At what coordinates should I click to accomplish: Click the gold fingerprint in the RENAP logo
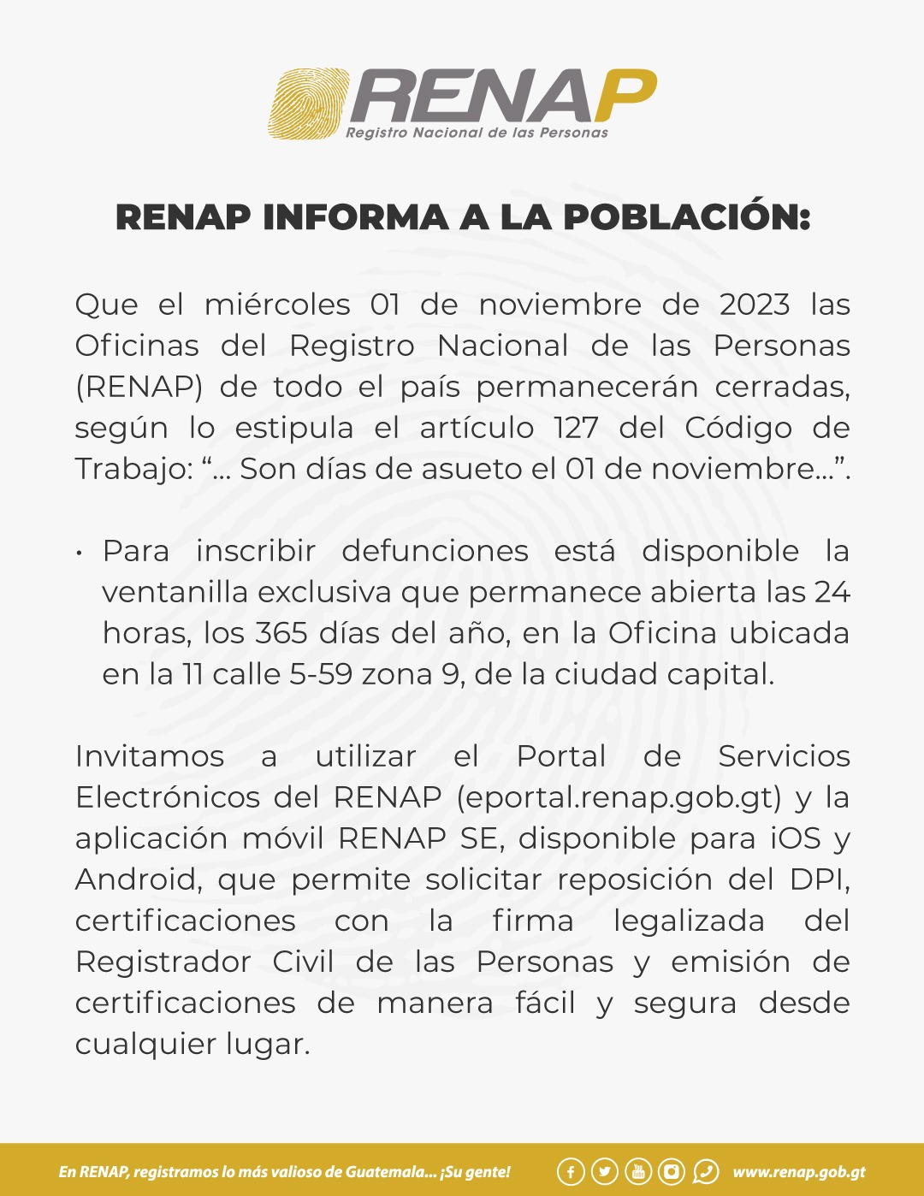[x=309, y=104]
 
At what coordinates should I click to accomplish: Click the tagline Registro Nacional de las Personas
[x=477, y=133]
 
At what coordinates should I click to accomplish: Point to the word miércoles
[x=277, y=305]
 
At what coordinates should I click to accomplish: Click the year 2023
[x=754, y=305]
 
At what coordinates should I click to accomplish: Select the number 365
[x=281, y=633]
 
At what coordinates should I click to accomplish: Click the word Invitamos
[x=150, y=756]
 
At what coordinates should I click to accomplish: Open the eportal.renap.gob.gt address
[x=619, y=797]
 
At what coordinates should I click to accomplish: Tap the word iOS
[x=796, y=838]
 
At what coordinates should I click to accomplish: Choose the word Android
[x=138, y=879]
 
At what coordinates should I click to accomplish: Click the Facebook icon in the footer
[x=571, y=1171]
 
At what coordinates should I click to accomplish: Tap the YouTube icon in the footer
[x=638, y=1171]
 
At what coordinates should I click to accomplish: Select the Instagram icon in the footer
[x=672, y=1171]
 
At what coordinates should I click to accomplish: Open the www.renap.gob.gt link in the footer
[x=799, y=1172]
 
